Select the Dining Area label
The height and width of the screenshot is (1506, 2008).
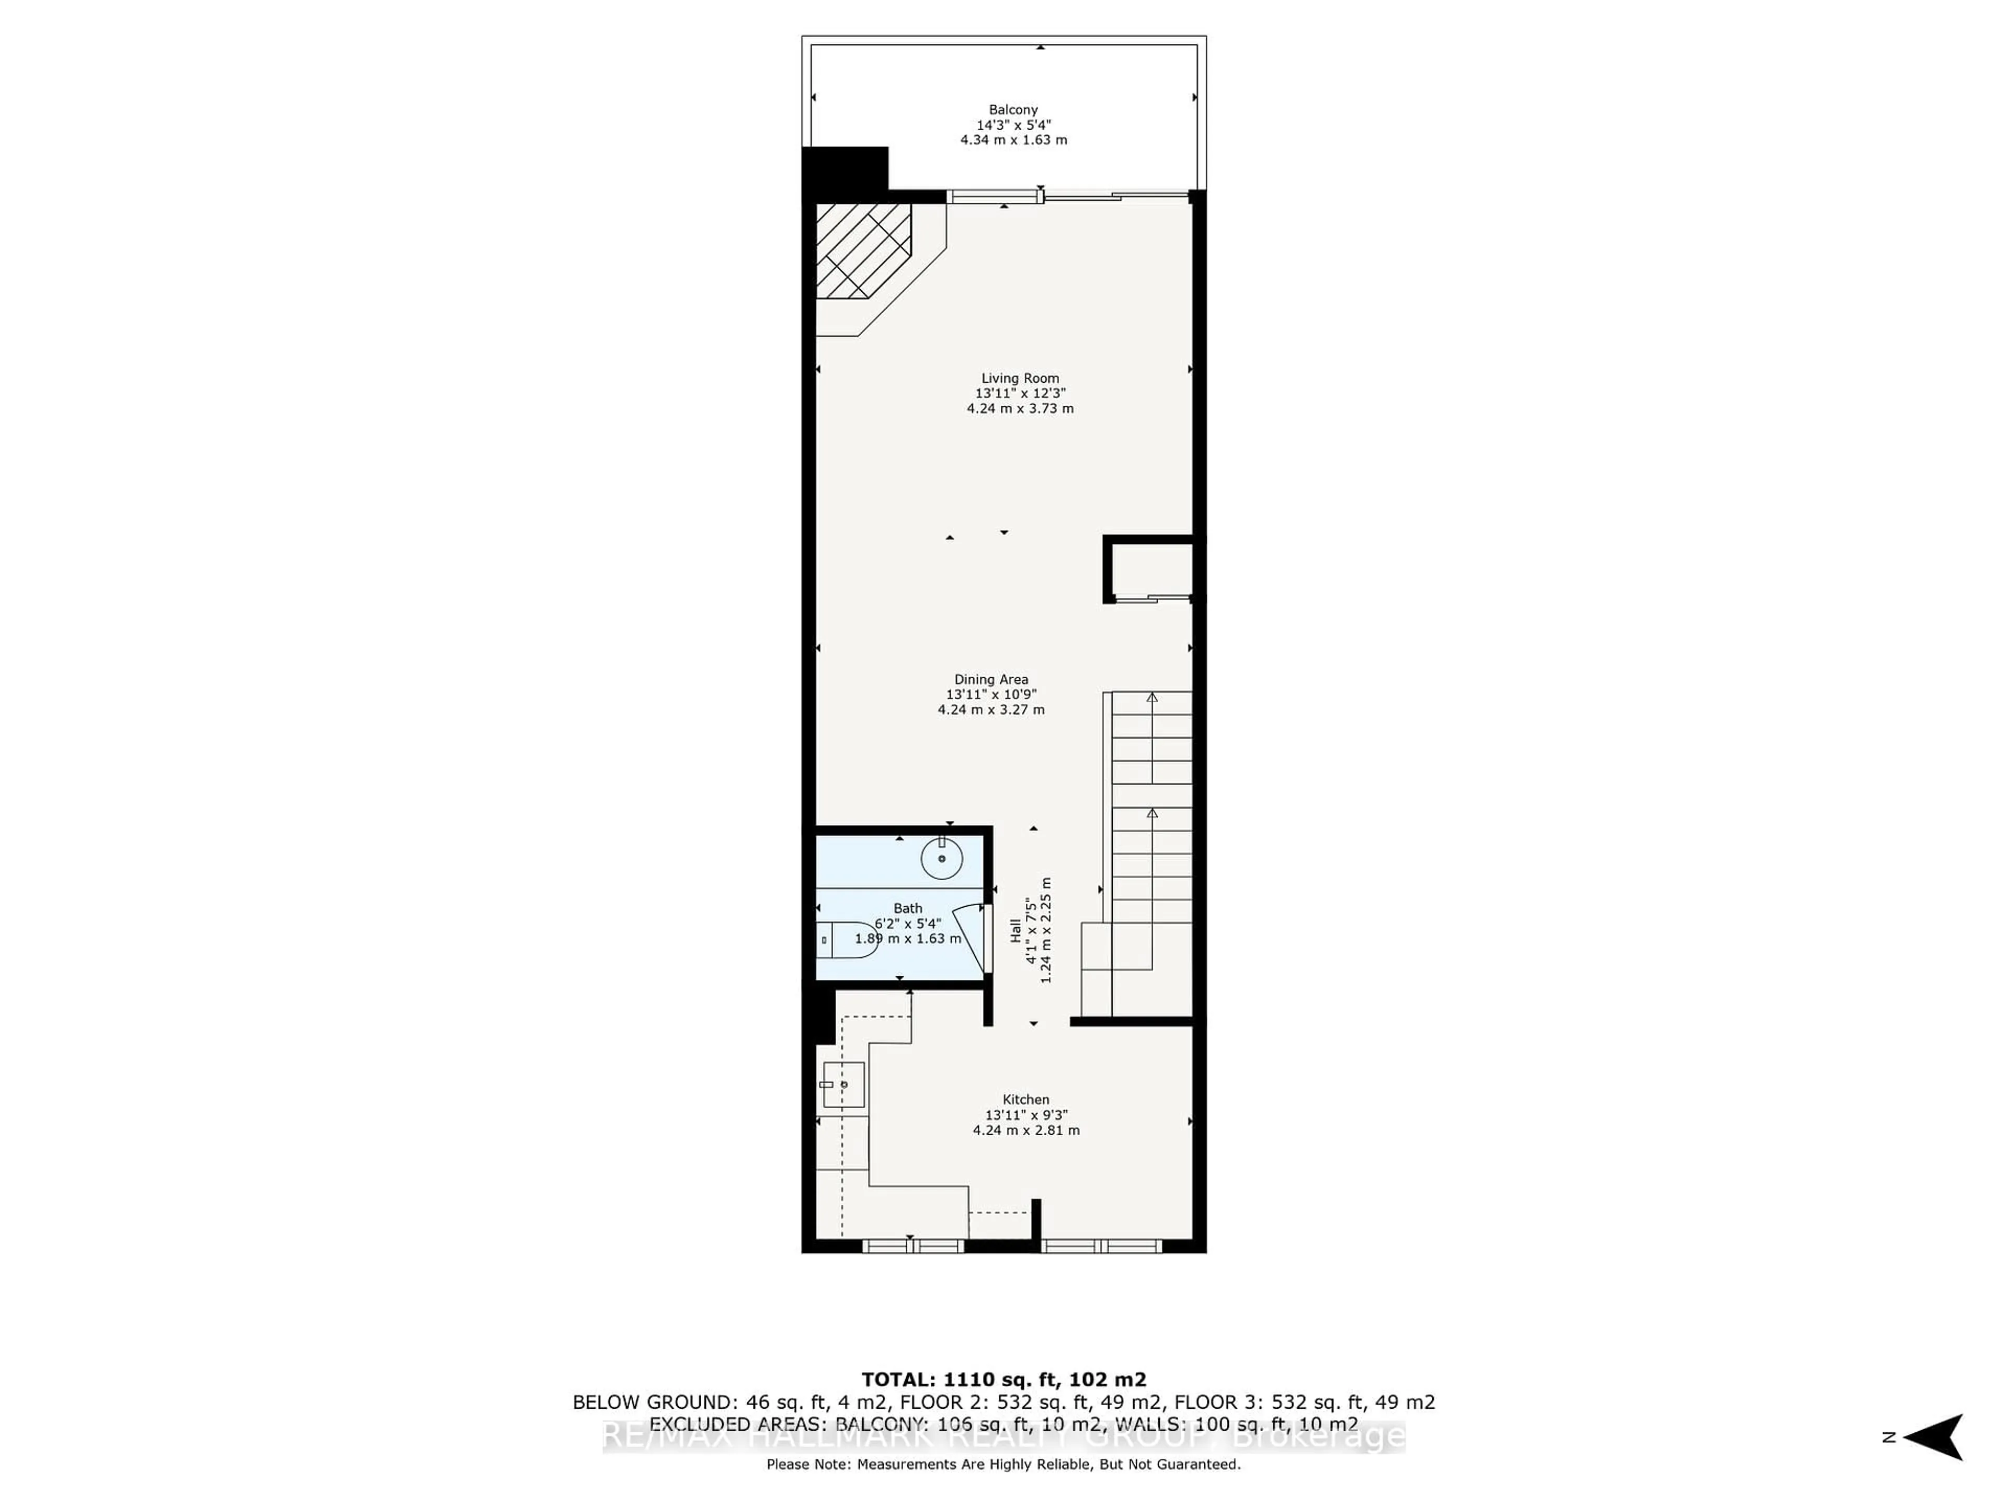pos(990,679)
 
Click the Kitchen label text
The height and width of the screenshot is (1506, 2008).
pos(1026,1099)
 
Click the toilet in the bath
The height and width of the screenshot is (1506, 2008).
pos(849,940)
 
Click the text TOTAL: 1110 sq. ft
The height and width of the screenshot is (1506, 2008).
pos(1003,1380)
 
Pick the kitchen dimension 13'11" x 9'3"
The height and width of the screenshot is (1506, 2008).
pos(1026,1115)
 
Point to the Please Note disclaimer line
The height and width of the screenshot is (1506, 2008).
pos(1003,1464)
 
